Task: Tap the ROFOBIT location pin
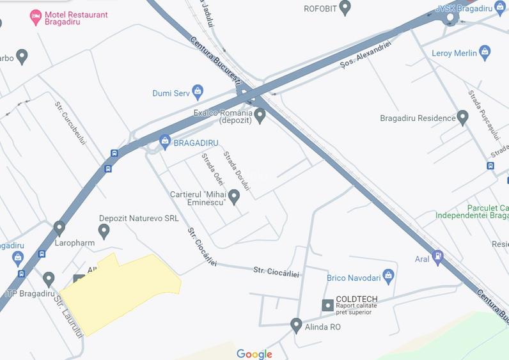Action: pos(345,8)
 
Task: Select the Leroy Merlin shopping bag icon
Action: pos(485,52)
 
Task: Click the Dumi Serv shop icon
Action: pos(198,93)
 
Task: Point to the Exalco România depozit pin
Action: pos(260,116)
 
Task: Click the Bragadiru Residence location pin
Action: pos(463,118)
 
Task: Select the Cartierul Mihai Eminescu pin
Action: pos(234,197)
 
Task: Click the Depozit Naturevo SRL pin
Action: pos(104,231)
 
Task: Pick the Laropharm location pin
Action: pos(59,228)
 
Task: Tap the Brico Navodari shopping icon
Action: pos(388,277)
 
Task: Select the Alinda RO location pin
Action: pos(296,325)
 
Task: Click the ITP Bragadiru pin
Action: pos(49,279)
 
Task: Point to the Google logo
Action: pos(254,354)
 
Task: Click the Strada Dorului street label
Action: pos(237,170)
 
